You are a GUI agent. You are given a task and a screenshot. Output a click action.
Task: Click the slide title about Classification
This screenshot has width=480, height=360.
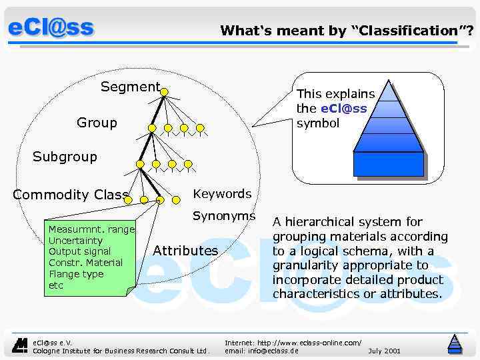347,30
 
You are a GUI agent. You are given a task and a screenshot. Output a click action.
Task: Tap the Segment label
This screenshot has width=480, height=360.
130,87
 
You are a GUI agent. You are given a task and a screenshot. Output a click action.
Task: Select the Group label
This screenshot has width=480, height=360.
97,123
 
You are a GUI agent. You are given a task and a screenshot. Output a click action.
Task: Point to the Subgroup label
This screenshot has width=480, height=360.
65,157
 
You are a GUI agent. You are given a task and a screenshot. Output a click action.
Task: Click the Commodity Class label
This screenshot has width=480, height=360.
71,195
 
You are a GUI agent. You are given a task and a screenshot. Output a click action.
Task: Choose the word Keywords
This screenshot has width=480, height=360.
222,194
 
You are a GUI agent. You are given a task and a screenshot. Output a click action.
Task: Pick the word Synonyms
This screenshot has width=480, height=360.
224,216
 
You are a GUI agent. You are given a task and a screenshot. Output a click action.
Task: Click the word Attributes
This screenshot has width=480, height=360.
185,251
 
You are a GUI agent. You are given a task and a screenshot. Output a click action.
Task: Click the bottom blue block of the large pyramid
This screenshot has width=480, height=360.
388,164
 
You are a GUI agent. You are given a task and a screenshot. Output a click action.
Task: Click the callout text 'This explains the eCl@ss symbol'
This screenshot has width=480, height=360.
335,109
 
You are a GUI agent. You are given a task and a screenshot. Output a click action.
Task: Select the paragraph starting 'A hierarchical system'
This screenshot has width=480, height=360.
360,258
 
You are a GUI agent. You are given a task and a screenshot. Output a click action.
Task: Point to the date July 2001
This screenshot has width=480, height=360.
384,350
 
